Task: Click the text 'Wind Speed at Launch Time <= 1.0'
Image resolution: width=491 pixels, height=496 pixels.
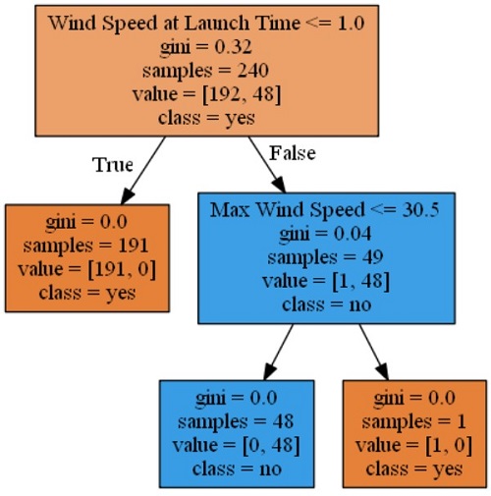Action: tap(206, 24)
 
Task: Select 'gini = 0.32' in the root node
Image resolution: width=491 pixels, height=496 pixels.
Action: tap(206, 47)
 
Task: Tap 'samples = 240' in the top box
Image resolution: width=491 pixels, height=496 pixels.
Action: tap(205, 71)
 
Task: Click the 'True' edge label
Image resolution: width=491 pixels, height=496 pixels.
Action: tap(113, 165)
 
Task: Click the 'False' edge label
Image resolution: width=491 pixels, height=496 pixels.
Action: tap(293, 153)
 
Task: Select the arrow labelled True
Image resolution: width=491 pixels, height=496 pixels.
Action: tap(143, 170)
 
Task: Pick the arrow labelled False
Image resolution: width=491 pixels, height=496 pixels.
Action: tap(267, 165)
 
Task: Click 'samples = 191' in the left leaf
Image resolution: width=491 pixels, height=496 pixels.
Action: tap(85, 246)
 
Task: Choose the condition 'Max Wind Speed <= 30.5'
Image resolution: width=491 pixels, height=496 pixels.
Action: tap(324, 210)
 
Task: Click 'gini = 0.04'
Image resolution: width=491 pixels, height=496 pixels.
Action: tap(325, 234)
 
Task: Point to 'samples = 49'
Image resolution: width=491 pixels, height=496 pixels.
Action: tap(325, 257)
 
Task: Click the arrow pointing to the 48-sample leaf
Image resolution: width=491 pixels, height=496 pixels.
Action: tap(278, 353)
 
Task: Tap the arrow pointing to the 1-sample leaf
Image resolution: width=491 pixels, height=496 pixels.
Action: tap(374, 353)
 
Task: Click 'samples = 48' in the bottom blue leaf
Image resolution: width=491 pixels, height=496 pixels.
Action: tap(236, 421)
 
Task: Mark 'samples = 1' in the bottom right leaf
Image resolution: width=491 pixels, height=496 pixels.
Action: tap(413, 421)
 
